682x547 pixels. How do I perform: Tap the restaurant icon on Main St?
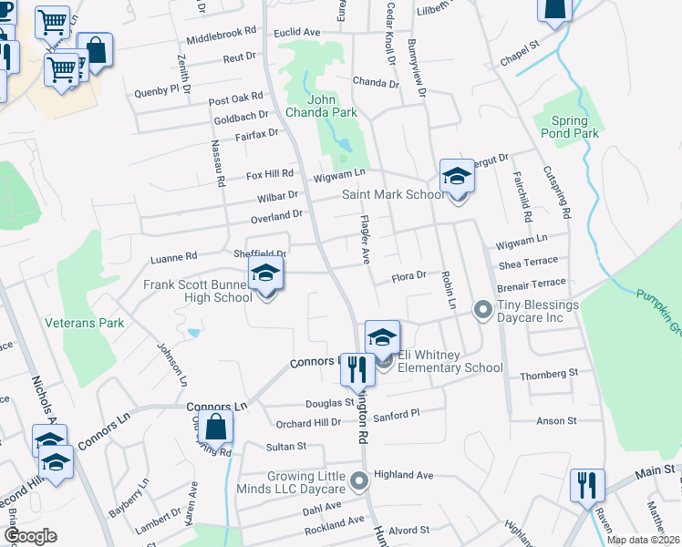tap(586, 484)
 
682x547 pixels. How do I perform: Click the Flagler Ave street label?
tap(365, 240)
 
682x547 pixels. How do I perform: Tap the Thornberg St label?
tap(549, 374)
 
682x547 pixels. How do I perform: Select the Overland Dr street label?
tap(276, 215)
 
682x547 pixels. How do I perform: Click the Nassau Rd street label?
tap(218, 163)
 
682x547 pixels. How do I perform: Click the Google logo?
tap(30, 536)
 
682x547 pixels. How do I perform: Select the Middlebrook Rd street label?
tap(222, 37)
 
